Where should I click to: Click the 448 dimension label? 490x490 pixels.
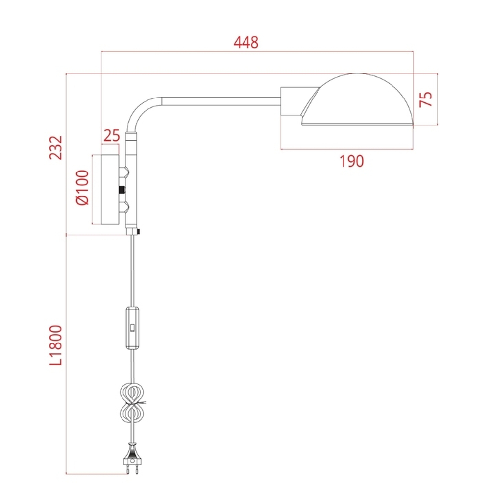click(246, 43)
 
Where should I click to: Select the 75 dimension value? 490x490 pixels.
click(427, 99)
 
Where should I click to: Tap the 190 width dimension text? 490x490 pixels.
click(352, 161)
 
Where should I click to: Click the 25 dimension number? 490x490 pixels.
click(112, 135)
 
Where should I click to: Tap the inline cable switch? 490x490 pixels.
click(132, 328)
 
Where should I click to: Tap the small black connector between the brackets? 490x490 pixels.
click(121, 190)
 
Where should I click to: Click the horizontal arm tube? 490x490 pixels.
click(220, 101)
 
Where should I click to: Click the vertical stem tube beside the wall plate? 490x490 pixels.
click(132, 181)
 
